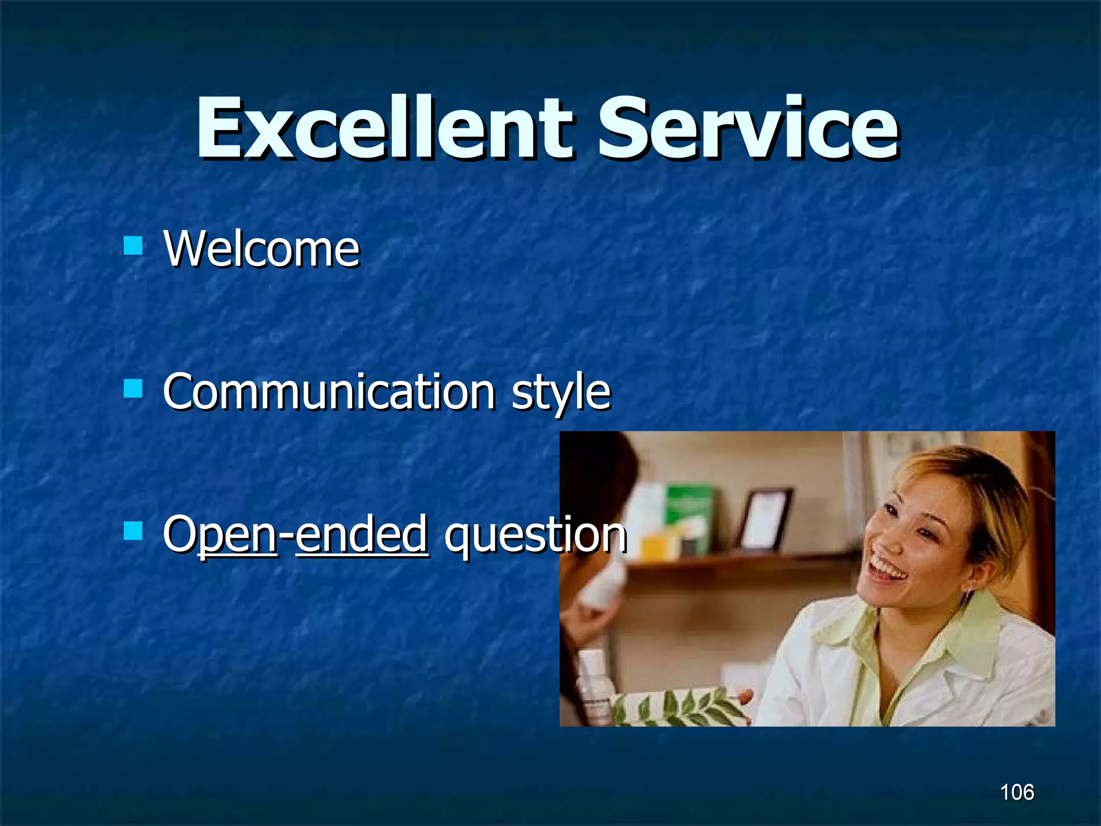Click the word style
561,393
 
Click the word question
535,535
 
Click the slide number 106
1017,792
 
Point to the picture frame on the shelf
764,519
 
